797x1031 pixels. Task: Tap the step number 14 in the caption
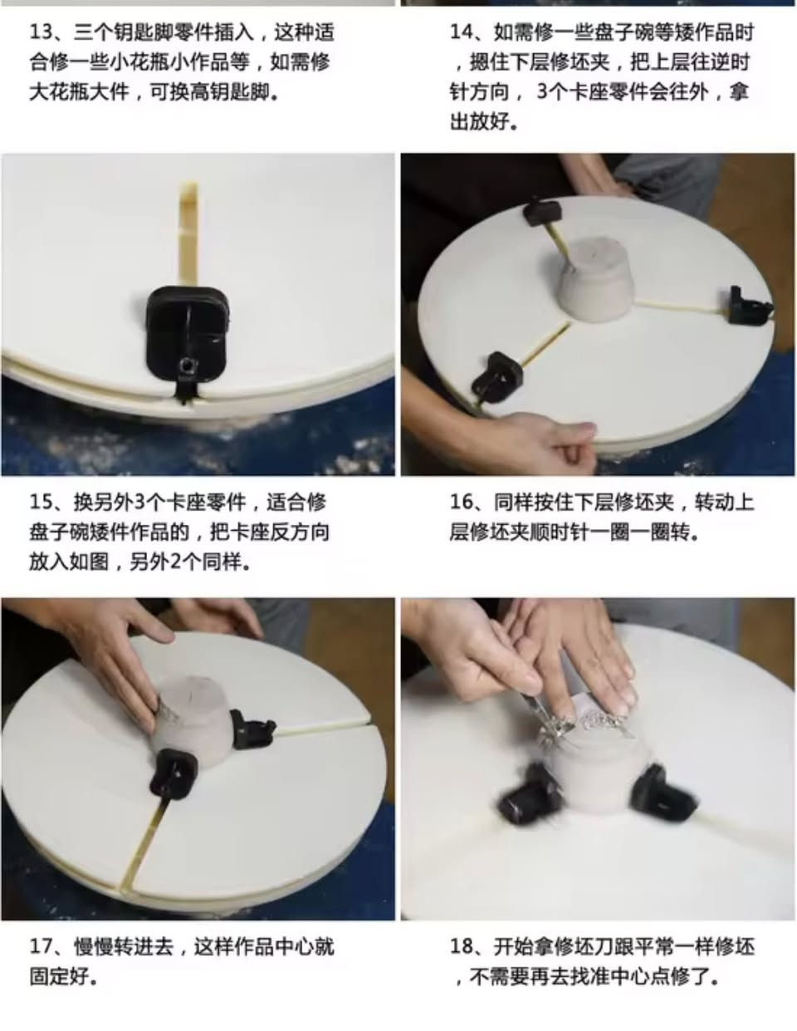(x=461, y=32)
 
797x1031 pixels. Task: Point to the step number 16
(x=461, y=503)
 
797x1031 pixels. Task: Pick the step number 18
(x=461, y=946)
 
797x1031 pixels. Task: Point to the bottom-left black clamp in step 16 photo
(x=496, y=377)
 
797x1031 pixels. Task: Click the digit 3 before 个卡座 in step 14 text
(x=542, y=92)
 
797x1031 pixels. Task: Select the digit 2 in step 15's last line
(x=175, y=562)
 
